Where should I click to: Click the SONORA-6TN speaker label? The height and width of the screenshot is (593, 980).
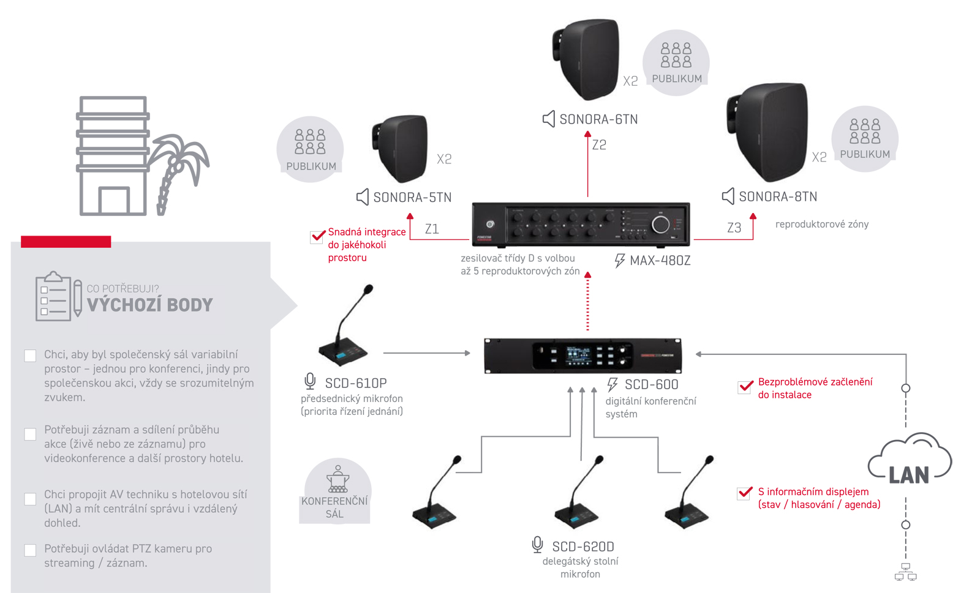[598, 119]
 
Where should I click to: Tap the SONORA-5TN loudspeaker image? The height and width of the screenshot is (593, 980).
[401, 148]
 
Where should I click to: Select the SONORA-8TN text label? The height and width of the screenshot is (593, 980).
[778, 196]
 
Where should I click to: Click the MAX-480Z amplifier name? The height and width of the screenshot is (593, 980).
[660, 261]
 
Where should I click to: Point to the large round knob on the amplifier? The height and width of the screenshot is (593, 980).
[660, 225]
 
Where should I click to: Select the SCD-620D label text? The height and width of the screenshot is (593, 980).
[582, 546]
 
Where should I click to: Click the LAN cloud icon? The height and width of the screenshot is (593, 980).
[910, 460]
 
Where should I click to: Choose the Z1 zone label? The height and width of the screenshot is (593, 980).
[432, 229]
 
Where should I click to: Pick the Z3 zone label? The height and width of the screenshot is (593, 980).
[734, 228]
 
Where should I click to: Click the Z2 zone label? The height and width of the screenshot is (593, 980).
[599, 145]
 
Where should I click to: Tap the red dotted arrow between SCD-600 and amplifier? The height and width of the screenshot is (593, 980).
[587, 303]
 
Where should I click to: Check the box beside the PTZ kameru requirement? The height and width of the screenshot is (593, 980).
[30, 550]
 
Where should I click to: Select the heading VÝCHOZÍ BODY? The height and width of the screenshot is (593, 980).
[150, 305]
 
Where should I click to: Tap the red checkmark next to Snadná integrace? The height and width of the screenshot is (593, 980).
[318, 236]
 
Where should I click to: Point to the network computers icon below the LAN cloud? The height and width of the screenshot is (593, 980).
[905, 572]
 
